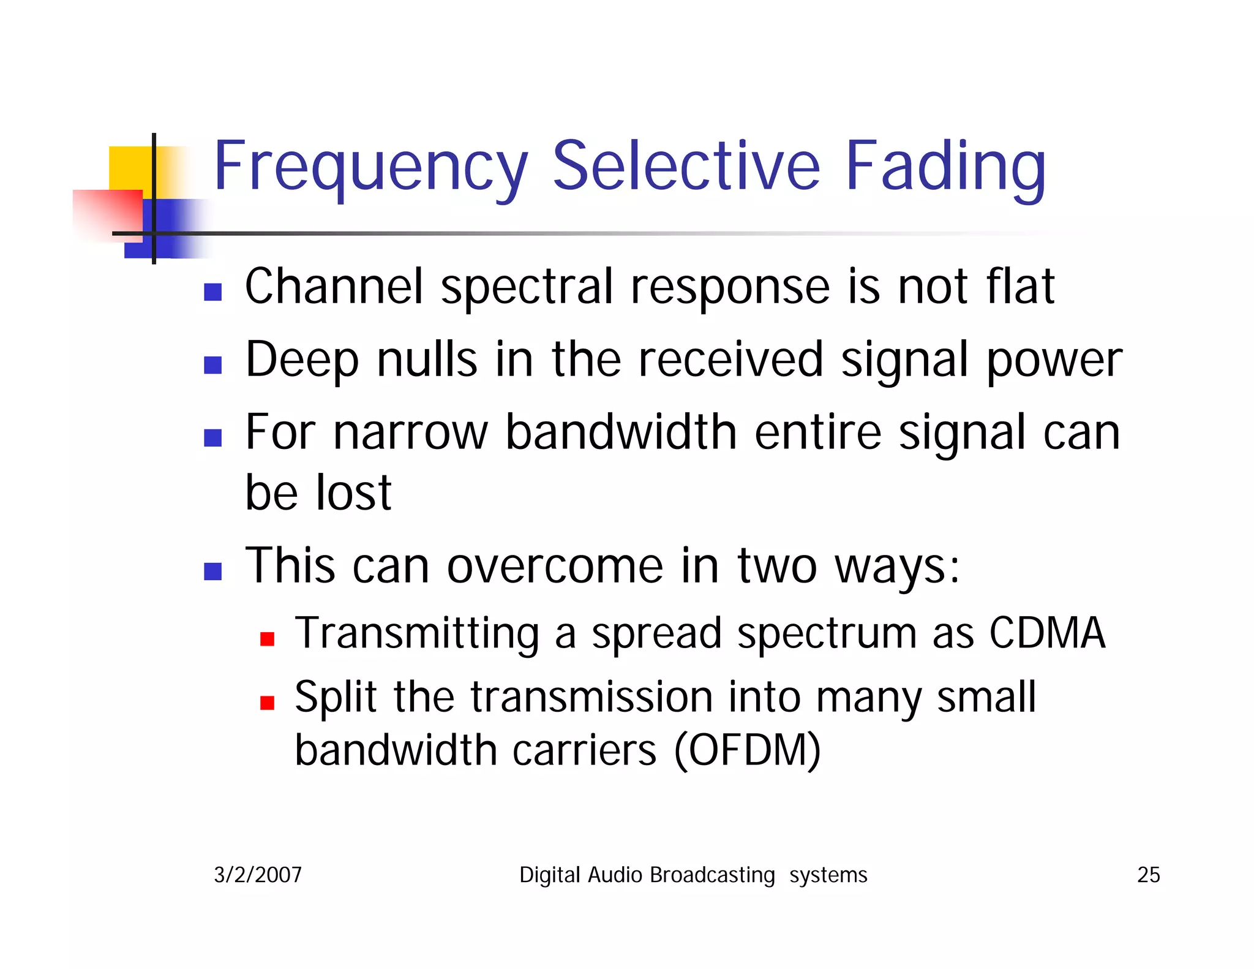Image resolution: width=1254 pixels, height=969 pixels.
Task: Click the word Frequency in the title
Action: (x=370, y=167)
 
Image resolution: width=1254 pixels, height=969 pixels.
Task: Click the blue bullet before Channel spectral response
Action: (x=212, y=292)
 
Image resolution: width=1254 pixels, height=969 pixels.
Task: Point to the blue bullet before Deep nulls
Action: (x=212, y=364)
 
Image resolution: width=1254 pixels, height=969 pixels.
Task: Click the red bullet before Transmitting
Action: (x=267, y=639)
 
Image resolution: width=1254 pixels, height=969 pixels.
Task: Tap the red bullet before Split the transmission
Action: (x=267, y=703)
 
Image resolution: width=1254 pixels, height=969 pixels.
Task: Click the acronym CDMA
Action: (x=1047, y=633)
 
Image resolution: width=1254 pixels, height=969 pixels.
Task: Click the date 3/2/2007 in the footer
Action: (x=258, y=875)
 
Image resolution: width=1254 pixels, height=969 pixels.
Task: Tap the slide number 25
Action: (x=1148, y=875)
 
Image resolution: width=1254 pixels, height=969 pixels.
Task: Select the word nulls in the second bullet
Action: (x=427, y=360)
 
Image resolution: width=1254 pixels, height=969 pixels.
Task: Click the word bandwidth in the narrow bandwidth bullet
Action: (x=621, y=432)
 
